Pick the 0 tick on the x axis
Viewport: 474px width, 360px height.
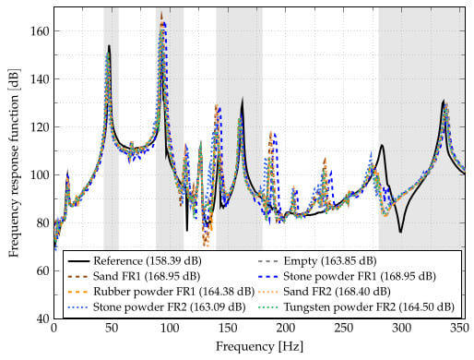[54, 330]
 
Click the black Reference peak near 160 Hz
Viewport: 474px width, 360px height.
[243, 100]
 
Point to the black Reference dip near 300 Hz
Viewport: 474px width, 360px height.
[401, 232]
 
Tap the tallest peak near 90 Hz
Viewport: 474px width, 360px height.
[160, 15]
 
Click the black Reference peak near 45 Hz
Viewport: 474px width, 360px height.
[109, 45]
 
